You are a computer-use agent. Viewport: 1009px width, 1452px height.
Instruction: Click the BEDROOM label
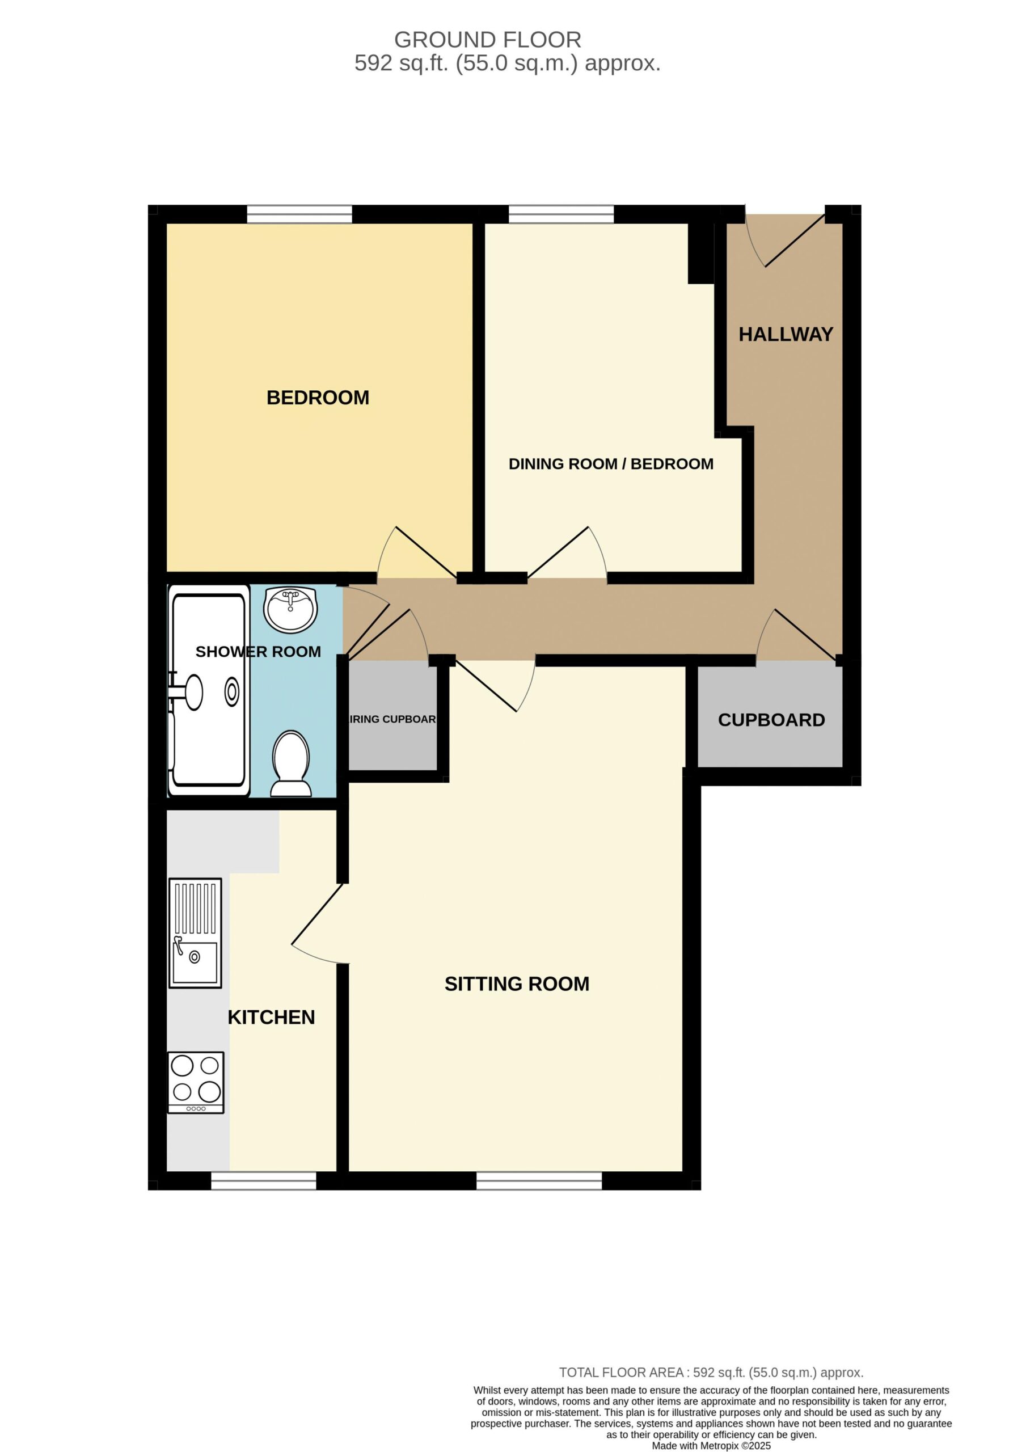coord(318,398)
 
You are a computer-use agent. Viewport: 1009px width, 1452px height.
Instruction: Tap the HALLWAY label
coord(786,335)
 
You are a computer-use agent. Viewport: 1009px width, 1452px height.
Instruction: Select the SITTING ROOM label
coord(517,984)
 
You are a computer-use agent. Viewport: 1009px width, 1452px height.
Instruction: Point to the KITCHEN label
coord(271,1017)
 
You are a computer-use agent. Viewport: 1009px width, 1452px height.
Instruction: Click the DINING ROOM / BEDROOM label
coord(611,464)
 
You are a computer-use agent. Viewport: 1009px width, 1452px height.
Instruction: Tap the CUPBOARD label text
coord(771,720)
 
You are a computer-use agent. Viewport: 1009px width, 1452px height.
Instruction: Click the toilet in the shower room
coord(291,763)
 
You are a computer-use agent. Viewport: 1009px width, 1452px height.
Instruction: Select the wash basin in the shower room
coord(290,609)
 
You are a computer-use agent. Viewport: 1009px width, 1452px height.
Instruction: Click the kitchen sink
coord(195,932)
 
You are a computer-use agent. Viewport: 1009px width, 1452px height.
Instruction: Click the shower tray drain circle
coord(232,692)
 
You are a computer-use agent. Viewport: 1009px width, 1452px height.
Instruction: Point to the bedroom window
coord(299,214)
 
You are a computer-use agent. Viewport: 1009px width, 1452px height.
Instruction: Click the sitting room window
coord(539,1181)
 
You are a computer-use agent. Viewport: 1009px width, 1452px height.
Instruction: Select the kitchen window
coord(264,1181)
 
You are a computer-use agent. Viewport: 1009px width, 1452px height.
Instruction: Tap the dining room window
coord(562,214)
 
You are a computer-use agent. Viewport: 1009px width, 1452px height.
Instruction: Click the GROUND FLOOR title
coord(487,40)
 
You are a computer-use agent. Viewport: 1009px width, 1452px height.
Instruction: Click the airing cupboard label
coord(392,719)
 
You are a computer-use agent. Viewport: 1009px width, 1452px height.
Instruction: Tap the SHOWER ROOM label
coord(258,652)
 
